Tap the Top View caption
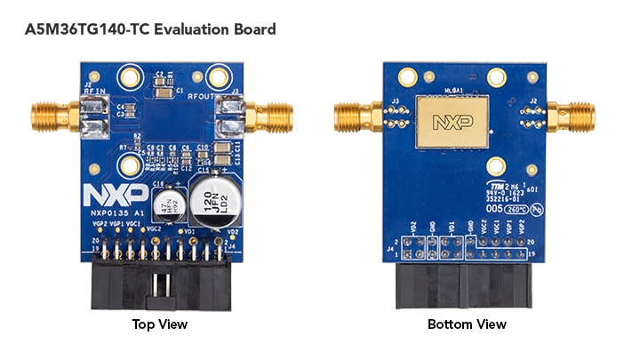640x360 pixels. pyautogui.click(x=159, y=324)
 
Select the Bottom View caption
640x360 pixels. pyautogui.click(x=467, y=324)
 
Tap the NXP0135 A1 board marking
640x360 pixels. pyautogui.click(x=111, y=213)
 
